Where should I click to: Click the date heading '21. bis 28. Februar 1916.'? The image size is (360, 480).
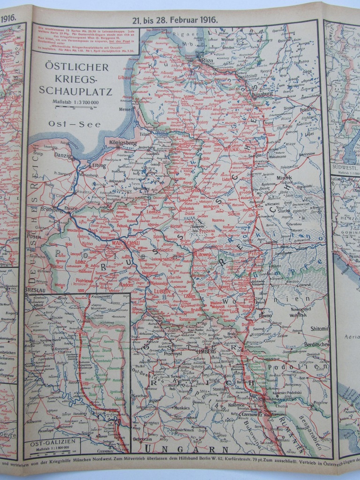174,20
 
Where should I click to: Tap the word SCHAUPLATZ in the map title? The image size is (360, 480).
75,91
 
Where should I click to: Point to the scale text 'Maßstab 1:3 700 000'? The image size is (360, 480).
75,102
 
